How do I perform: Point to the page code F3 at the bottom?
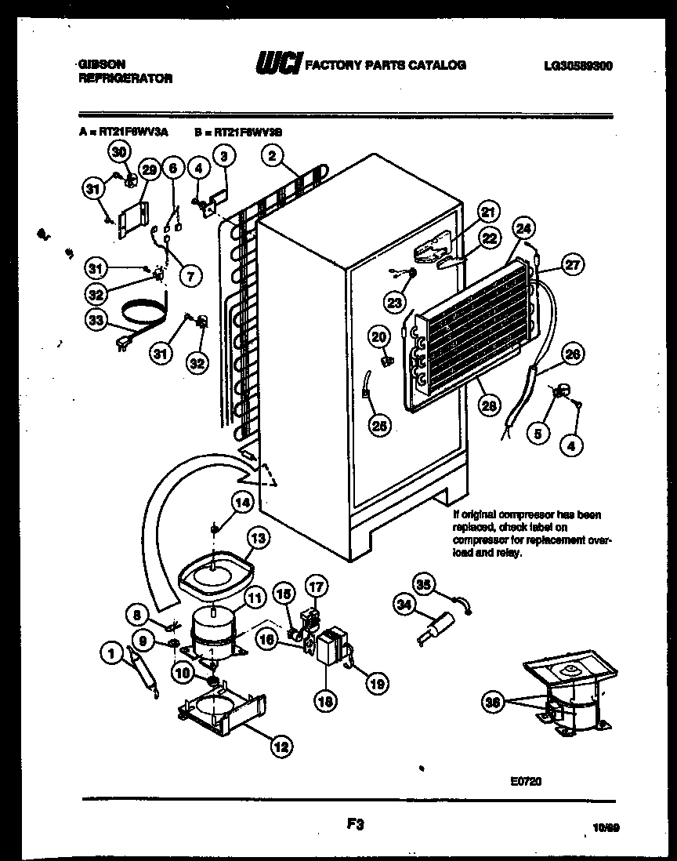click(x=354, y=824)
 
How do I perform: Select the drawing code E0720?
click(x=525, y=780)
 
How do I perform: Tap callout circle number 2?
click(x=272, y=156)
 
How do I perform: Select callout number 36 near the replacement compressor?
click(x=494, y=702)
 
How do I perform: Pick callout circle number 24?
click(x=524, y=229)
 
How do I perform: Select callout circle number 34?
click(x=405, y=604)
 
